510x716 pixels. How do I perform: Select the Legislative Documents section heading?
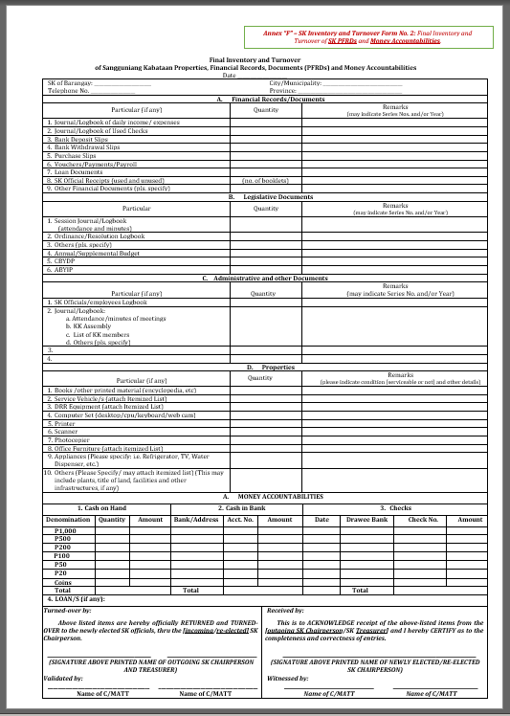coord(271,196)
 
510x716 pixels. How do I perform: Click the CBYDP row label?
coord(59,260)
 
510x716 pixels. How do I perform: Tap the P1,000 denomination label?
coord(65,530)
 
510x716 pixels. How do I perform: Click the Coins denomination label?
coord(63,582)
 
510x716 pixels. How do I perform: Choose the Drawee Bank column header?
coord(366,519)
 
